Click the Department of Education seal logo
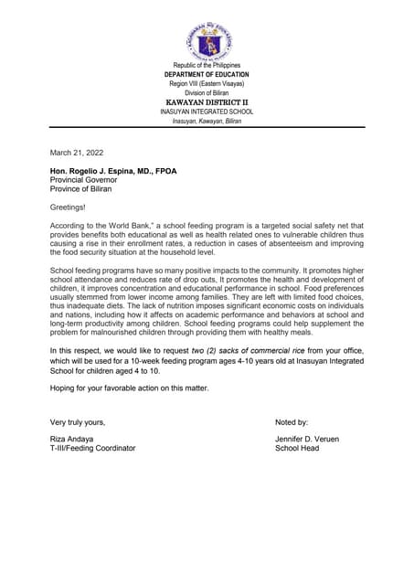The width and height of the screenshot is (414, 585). click(207, 42)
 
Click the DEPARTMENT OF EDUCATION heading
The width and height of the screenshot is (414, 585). click(207, 74)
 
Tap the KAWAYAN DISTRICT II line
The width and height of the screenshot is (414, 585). click(207, 101)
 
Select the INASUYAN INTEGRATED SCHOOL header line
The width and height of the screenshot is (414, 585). click(207, 112)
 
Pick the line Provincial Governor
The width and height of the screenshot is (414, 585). click(83, 180)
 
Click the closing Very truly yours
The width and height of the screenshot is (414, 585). click(78, 422)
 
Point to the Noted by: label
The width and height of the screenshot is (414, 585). click(292, 422)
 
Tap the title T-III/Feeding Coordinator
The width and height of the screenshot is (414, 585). click(92, 449)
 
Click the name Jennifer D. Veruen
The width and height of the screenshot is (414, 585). click(307, 440)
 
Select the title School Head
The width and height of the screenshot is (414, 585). click(297, 449)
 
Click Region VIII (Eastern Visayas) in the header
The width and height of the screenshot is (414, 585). click(207, 83)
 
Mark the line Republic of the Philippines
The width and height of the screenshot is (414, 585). click(207, 66)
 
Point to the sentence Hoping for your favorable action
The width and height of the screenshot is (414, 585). click(129, 388)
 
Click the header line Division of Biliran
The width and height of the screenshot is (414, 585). click(207, 92)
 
